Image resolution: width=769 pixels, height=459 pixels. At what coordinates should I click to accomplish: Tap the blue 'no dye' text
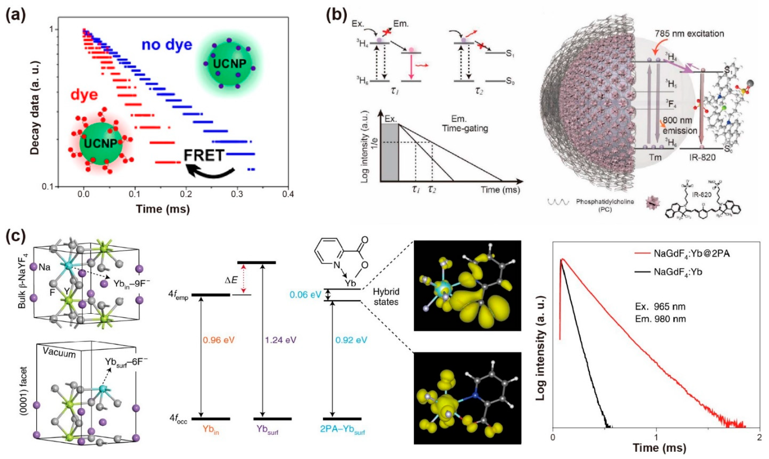[167, 45]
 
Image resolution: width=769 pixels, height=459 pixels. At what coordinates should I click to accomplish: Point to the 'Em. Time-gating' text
[465, 124]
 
